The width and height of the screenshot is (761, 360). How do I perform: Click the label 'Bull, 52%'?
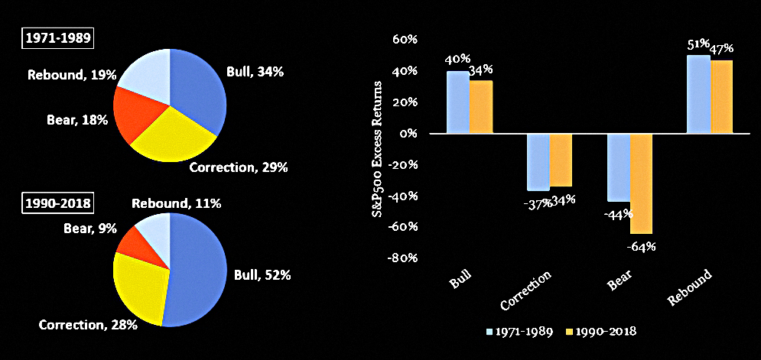(262, 276)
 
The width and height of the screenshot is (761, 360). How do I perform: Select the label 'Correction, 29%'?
(239, 168)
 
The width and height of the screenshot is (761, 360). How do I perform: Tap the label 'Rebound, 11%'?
(177, 204)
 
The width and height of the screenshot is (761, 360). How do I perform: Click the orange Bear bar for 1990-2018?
(641, 183)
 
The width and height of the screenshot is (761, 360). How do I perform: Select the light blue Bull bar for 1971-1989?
(457, 102)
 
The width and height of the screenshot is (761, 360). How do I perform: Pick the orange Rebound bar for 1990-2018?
(721, 96)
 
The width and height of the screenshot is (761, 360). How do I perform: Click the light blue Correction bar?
(538, 162)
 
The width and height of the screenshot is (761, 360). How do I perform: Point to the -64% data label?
(641, 246)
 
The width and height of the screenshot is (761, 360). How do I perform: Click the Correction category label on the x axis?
(527, 290)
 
